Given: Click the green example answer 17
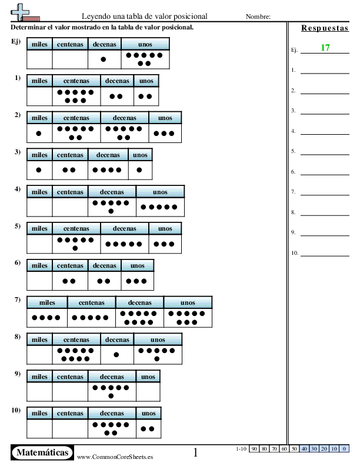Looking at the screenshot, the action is pyautogui.click(x=325, y=48).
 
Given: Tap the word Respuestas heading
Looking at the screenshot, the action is pyautogui.click(x=325, y=28).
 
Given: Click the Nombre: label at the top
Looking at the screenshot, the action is pyautogui.click(x=258, y=16).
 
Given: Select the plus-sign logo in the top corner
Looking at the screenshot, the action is pyautogui.click(x=25, y=12).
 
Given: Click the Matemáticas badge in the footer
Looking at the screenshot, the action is pyautogui.click(x=42, y=452).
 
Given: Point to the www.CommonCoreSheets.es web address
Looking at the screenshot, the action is pyautogui.click(x=115, y=457).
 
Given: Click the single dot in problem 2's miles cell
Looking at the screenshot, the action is pyautogui.click(x=39, y=134).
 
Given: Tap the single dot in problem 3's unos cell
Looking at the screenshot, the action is pyautogui.click(x=139, y=170).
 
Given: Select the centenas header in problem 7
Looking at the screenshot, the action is pyautogui.click(x=92, y=302).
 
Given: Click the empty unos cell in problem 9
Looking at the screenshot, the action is pyautogui.click(x=148, y=392).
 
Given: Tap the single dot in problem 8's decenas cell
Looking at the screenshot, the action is pyautogui.click(x=116, y=355).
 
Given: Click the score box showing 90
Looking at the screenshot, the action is pyautogui.click(x=254, y=449).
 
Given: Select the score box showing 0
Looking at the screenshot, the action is pyautogui.click(x=344, y=449).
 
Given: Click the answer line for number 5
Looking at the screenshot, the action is pyautogui.click(x=325, y=155).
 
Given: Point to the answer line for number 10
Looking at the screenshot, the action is pyautogui.click(x=325, y=256).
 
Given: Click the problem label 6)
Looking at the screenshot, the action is pyautogui.click(x=18, y=263).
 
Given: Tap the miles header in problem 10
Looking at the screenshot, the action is pyautogui.click(x=39, y=413).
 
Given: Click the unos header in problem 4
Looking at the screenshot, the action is pyautogui.click(x=160, y=192).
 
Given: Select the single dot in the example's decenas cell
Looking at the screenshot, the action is pyautogui.click(x=104, y=59).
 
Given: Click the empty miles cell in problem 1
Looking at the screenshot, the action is pyautogui.click(x=39, y=96).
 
